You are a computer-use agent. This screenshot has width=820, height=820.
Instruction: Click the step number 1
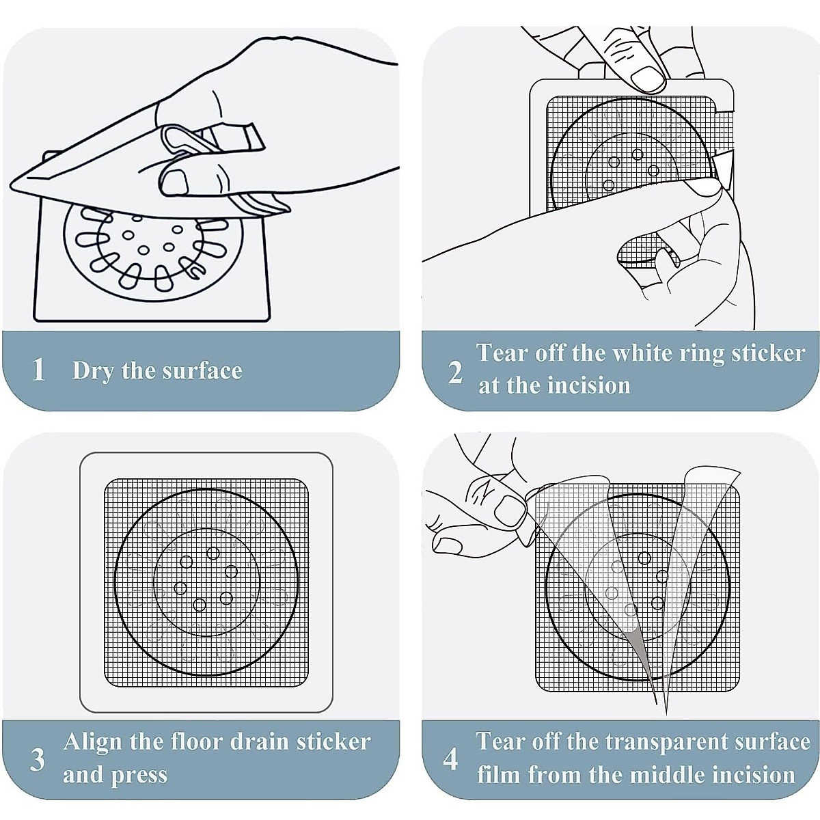click(x=39, y=370)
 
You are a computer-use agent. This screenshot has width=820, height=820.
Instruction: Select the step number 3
click(x=38, y=759)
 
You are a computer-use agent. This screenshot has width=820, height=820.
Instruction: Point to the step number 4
click(x=450, y=758)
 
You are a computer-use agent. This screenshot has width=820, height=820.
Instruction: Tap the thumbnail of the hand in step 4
click(x=508, y=509)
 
